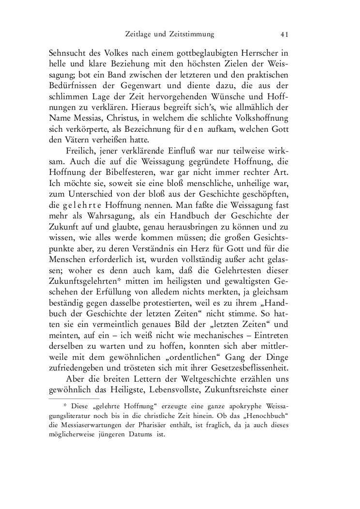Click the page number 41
click(x=284, y=34)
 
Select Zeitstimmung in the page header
click(x=191, y=34)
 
